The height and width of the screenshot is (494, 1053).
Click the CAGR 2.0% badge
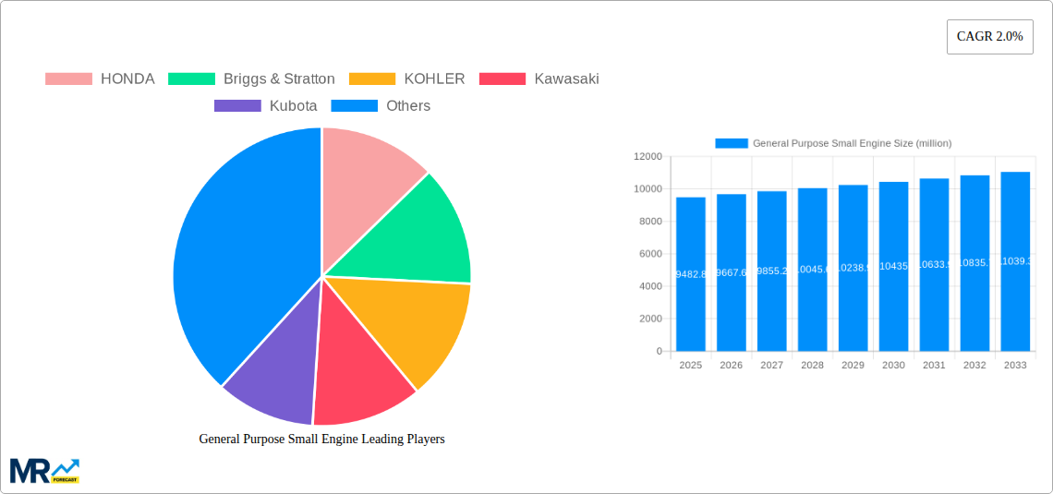click(989, 37)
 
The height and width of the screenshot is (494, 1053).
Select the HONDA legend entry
click(100, 79)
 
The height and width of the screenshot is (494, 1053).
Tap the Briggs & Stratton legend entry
click(251, 79)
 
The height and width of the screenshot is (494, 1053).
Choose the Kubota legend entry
click(266, 106)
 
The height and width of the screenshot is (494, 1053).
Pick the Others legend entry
click(381, 106)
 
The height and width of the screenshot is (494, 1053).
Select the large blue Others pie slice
click(240, 259)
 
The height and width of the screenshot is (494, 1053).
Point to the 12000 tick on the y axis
click(647, 157)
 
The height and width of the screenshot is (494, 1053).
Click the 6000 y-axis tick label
click(649, 254)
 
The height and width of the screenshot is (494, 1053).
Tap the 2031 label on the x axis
click(934, 366)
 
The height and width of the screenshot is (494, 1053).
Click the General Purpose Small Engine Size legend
click(833, 143)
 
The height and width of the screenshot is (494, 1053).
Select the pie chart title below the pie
click(321, 440)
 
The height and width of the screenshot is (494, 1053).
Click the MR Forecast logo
click(44, 470)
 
